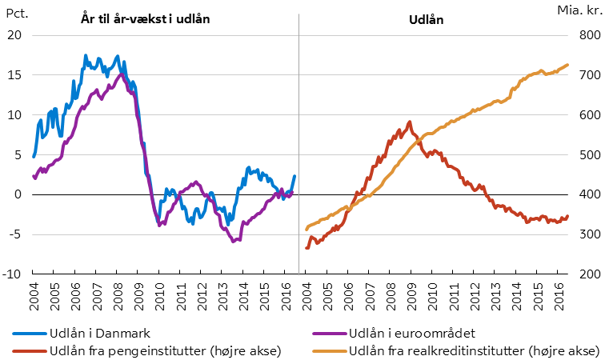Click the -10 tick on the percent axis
click(13, 274)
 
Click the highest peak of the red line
click(410, 122)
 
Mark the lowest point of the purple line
click(234, 241)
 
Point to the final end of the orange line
click(567, 65)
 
